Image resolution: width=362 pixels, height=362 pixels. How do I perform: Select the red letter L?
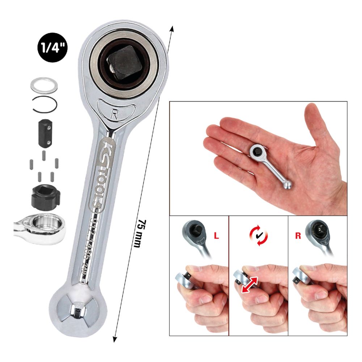click(216, 236)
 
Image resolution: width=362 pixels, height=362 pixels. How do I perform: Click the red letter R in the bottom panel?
click(298, 236)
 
